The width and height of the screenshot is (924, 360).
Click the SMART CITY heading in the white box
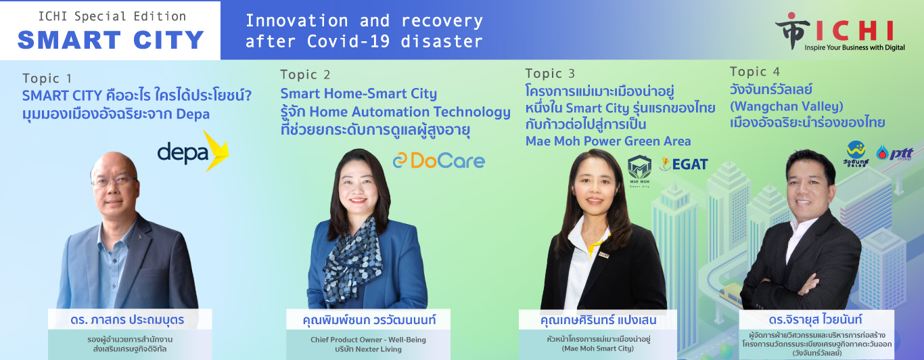click(x=111, y=40)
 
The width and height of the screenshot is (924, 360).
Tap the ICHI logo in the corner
click(x=840, y=32)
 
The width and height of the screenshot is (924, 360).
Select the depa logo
click(x=193, y=151)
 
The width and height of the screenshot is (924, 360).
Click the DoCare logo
click(x=439, y=160)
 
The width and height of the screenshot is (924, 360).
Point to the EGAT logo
click(x=683, y=164)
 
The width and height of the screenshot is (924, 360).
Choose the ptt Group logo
click(x=894, y=153)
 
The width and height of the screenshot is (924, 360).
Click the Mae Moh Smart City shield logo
click(x=639, y=171)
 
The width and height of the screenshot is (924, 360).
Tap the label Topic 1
click(x=47, y=78)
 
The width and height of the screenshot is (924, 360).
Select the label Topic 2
click(x=305, y=74)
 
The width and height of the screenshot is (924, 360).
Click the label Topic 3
click(x=550, y=73)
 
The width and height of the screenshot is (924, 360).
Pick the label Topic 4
click(x=755, y=72)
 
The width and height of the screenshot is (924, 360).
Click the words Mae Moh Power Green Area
click(x=608, y=141)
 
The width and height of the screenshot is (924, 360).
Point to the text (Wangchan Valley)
click(x=787, y=106)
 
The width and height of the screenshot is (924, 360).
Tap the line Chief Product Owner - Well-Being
click(x=368, y=340)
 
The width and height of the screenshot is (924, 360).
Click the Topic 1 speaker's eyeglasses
click(x=114, y=181)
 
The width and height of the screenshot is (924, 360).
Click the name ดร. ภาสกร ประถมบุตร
click(x=127, y=320)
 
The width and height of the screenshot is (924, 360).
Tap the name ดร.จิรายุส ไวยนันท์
click(x=816, y=319)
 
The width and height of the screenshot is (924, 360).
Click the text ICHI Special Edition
click(x=112, y=16)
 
